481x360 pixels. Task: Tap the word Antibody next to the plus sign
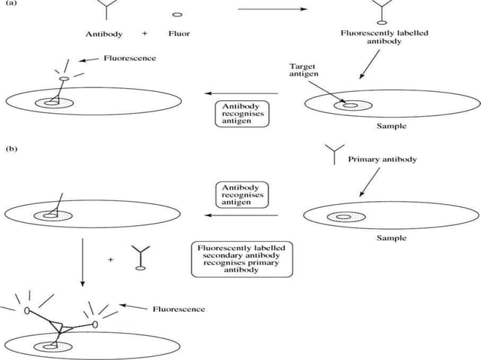(x=103, y=35)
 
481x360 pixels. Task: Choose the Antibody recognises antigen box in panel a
(x=240, y=113)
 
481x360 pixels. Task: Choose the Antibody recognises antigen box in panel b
(x=240, y=194)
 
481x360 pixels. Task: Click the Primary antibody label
(x=381, y=160)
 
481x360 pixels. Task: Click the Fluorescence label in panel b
(x=179, y=309)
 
